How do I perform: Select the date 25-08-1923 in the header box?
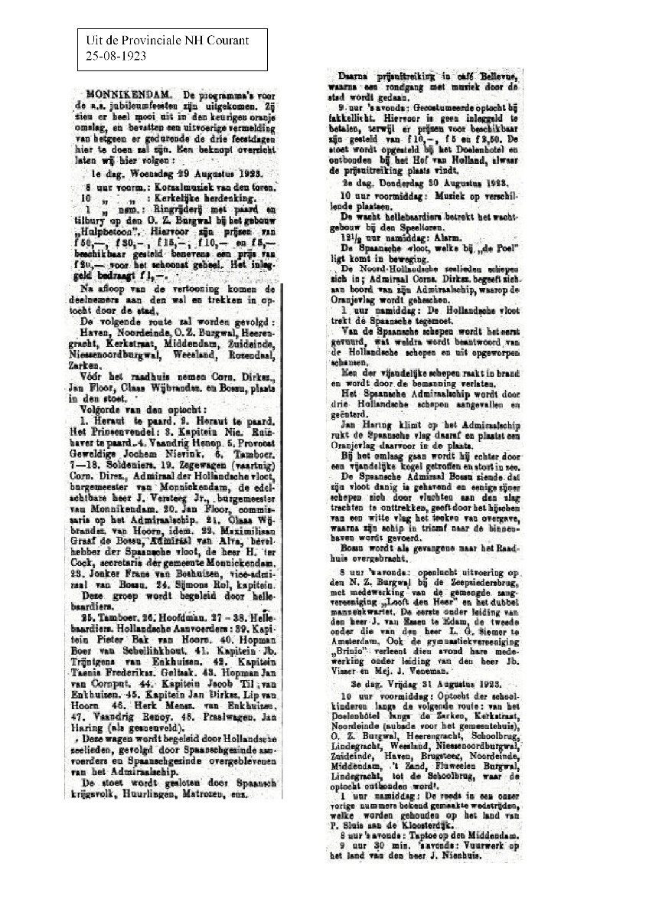pyautogui.click(x=113, y=55)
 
